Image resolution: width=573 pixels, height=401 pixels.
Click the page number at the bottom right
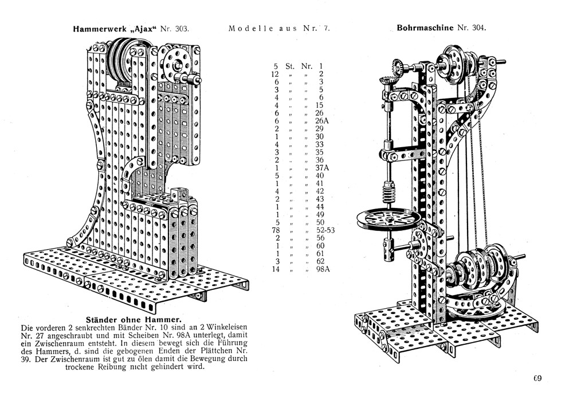coord(537,378)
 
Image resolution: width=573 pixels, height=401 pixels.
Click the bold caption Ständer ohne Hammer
coord(126,319)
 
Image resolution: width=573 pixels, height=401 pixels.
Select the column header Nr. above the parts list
coord(308,66)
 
